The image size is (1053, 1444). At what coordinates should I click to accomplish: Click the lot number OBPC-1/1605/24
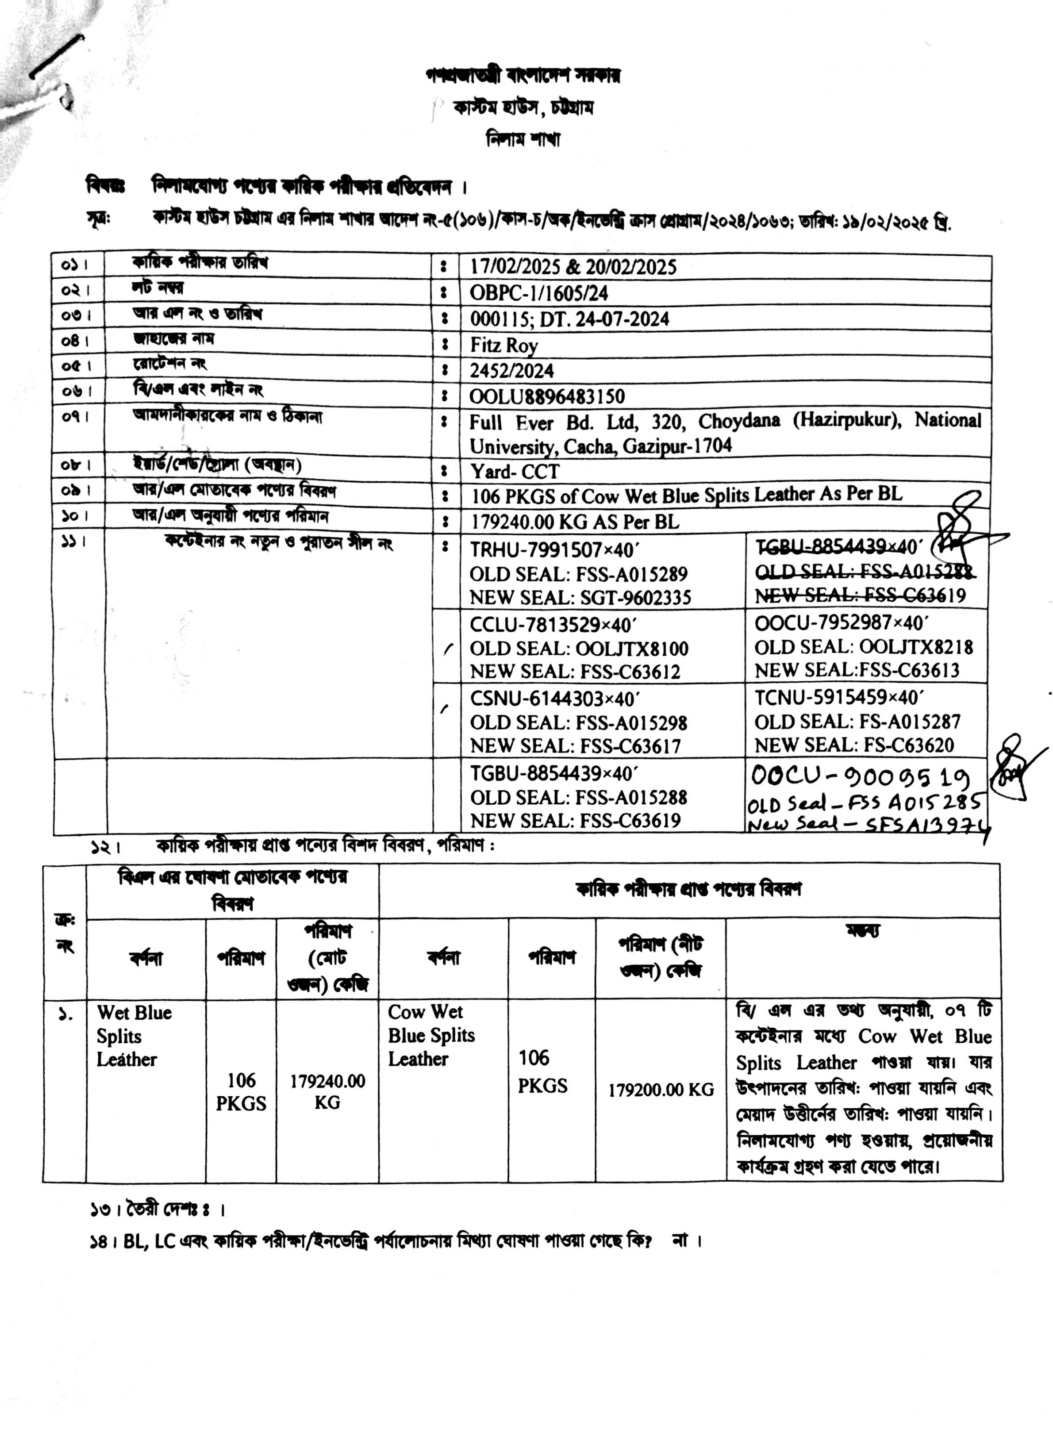point(538,293)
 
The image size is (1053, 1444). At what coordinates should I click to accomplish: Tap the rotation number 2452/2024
point(512,371)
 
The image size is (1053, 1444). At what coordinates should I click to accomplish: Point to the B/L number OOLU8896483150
point(547,397)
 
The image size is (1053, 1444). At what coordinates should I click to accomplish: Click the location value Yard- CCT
point(515,472)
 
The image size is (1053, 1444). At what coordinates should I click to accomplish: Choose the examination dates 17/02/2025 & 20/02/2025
point(573,267)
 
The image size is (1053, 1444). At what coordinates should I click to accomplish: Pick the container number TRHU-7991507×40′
point(554,549)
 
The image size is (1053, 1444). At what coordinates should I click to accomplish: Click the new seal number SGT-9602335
point(635,598)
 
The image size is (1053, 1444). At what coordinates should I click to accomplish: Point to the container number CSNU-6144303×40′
point(554,699)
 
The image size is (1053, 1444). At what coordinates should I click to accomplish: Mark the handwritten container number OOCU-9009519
point(861,776)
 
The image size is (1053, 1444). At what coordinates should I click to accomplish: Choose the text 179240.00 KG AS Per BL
point(575,522)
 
